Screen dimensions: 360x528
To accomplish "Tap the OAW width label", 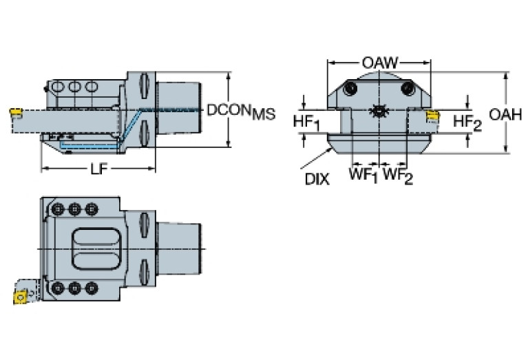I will [x=379, y=61].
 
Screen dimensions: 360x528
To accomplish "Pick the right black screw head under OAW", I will [x=408, y=89].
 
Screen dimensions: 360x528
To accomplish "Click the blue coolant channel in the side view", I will [x=89, y=147].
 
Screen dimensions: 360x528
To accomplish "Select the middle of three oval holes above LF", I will [x=74, y=87].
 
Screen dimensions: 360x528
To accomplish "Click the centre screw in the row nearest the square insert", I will [x=74, y=287].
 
